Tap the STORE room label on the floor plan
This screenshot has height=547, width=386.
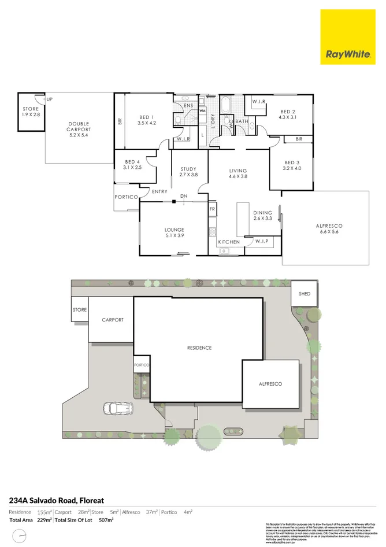(x=31, y=112)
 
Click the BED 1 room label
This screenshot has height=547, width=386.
(x=147, y=119)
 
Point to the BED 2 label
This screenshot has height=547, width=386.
(x=288, y=114)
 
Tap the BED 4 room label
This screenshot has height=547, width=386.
(x=132, y=164)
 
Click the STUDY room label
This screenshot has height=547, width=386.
(x=188, y=172)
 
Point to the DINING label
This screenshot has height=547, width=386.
(x=262, y=216)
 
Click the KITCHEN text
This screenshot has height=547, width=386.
(x=229, y=241)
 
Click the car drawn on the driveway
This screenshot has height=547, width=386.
(x=118, y=409)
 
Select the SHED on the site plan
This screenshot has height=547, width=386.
(x=305, y=294)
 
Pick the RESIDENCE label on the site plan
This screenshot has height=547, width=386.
(x=199, y=348)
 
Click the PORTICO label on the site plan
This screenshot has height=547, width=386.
(x=142, y=365)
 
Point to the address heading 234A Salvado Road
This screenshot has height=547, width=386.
(x=56, y=500)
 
